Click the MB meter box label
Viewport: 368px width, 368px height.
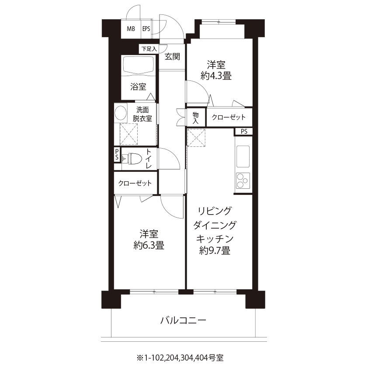tap(131, 29)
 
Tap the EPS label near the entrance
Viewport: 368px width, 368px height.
tap(146, 29)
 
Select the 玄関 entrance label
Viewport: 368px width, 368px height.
tap(172, 56)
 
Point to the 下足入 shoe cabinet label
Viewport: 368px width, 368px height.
tap(149, 49)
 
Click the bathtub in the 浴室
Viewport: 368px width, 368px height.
tap(139, 65)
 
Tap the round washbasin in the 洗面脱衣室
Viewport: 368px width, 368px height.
tap(121, 113)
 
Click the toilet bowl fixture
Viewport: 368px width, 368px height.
tap(132, 159)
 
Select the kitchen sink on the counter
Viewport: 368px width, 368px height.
tap(243, 156)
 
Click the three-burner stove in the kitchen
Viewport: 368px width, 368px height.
tap(243, 181)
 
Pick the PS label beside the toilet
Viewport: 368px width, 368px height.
tap(117, 155)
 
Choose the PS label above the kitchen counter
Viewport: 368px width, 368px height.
tap(244, 132)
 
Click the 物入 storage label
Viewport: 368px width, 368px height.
tap(195, 118)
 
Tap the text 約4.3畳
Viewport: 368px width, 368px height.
tap(216, 76)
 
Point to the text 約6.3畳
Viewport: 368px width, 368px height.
tap(149, 245)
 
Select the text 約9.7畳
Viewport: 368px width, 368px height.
tap(215, 250)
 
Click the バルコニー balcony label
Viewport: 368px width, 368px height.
tap(183, 320)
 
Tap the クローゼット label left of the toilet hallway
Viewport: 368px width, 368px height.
tap(135, 183)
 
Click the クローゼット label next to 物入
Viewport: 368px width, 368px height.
tap(229, 117)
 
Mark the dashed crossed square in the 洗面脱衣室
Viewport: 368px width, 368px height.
tap(128, 134)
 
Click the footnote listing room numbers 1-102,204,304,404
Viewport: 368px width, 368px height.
tap(180, 358)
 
